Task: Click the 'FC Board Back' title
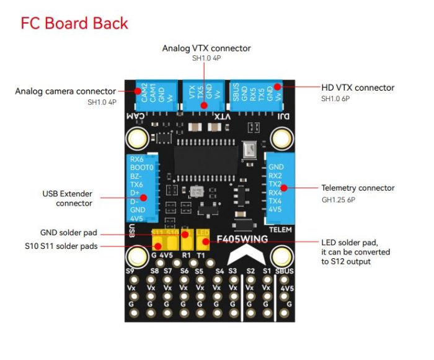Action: pos(74,24)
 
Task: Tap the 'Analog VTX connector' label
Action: pos(206,48)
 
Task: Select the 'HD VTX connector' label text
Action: pos(358,88)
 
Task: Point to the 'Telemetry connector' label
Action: pos(358,187)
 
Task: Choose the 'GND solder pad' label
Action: pos(68,233)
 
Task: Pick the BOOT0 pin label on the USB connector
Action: pos(141,168)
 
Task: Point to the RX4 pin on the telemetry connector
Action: pos(275,192)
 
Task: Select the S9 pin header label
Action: pos(130,271)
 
